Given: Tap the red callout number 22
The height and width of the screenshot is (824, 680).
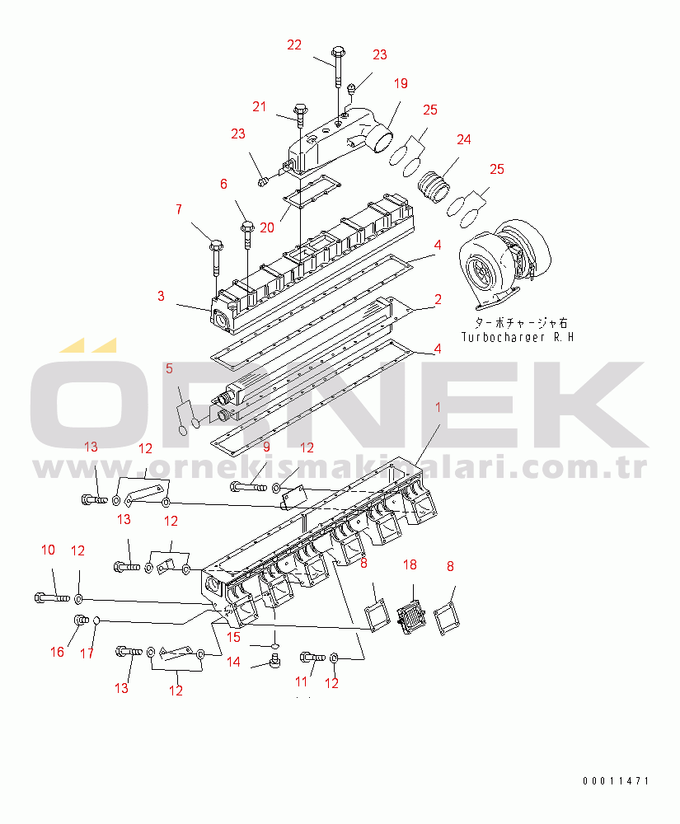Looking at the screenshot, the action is [294, 45].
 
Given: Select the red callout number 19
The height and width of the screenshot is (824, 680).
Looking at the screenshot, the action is [401, 83].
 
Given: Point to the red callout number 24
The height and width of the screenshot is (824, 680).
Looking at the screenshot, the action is [463, 140].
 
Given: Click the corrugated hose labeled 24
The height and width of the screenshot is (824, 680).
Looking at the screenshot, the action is [434, 186].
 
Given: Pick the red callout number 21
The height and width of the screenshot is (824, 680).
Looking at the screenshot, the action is [259, 106].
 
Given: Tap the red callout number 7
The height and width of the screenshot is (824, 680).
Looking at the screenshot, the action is [179, 209].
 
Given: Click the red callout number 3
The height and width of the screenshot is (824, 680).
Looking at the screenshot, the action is [161, 297].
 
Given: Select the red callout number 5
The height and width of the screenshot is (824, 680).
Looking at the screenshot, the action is [169, 369].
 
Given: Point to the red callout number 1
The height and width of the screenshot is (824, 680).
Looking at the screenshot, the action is [438, 407].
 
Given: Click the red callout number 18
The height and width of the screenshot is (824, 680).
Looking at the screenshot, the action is [410, 565].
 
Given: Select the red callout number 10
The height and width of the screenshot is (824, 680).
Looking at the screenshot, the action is [48, 550].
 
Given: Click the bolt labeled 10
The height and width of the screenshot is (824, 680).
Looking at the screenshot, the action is [52, 598].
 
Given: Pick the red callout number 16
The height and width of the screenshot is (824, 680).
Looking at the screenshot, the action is [57, 652].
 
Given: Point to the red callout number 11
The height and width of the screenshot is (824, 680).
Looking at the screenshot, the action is [301, 682].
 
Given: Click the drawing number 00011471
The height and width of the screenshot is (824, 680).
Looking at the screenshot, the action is [616, 781].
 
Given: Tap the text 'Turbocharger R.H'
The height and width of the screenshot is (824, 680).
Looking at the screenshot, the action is [518, 337].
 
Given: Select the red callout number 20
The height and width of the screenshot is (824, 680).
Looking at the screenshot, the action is [267, 228].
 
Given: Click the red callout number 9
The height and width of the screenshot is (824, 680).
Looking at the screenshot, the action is [266, 447].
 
